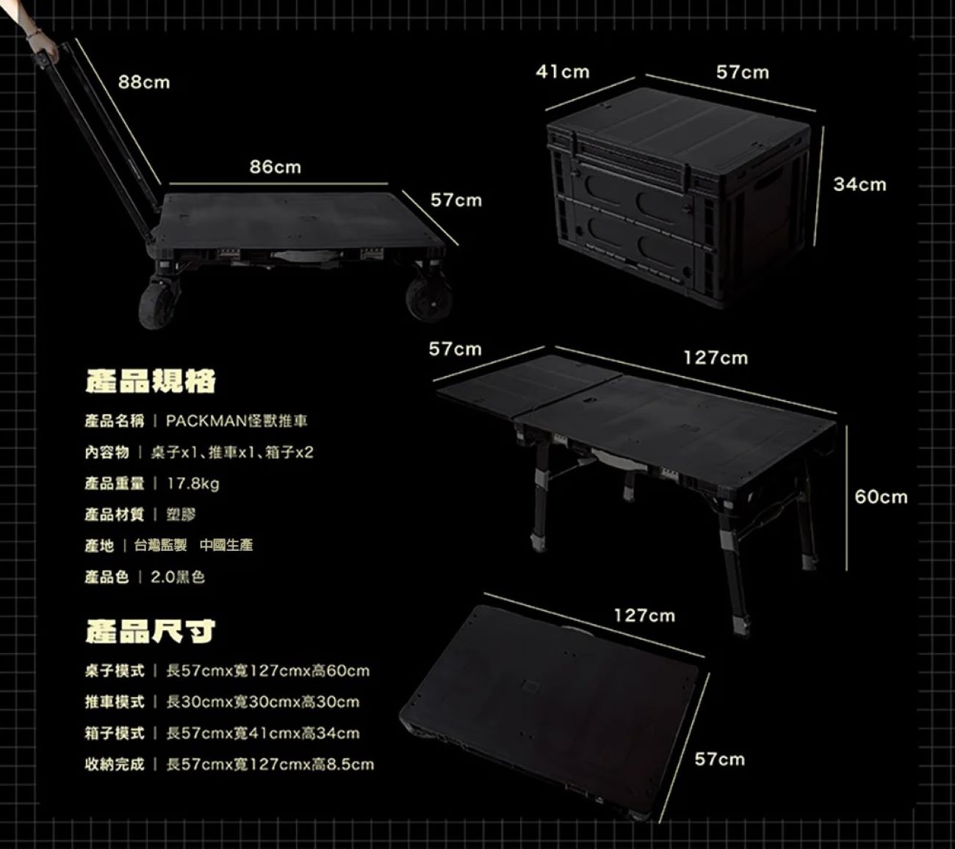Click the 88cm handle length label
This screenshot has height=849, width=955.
tap(144, 82)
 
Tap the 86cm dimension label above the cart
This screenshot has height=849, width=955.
tap(275, 167)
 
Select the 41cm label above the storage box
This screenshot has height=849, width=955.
tap(562, 72)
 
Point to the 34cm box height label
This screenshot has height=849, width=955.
tap(860, 184)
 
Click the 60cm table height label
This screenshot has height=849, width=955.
tap(881, 497)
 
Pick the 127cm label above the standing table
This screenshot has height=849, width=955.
tap(716, 358)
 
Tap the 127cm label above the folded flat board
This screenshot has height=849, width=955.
tap(644, 615)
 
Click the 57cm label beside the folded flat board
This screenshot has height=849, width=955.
tap(719, 759)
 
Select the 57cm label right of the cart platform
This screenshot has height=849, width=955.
tap(455, 200)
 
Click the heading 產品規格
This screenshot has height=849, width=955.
tap(150, 381)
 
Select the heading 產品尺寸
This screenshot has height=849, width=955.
tap(150, 631)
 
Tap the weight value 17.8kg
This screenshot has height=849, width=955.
tap(193, 484)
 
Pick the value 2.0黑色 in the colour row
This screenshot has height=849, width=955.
tap(178, 577)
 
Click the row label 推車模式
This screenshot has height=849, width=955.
tap(115, 702)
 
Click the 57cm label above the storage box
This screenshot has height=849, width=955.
tap(743, 72)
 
